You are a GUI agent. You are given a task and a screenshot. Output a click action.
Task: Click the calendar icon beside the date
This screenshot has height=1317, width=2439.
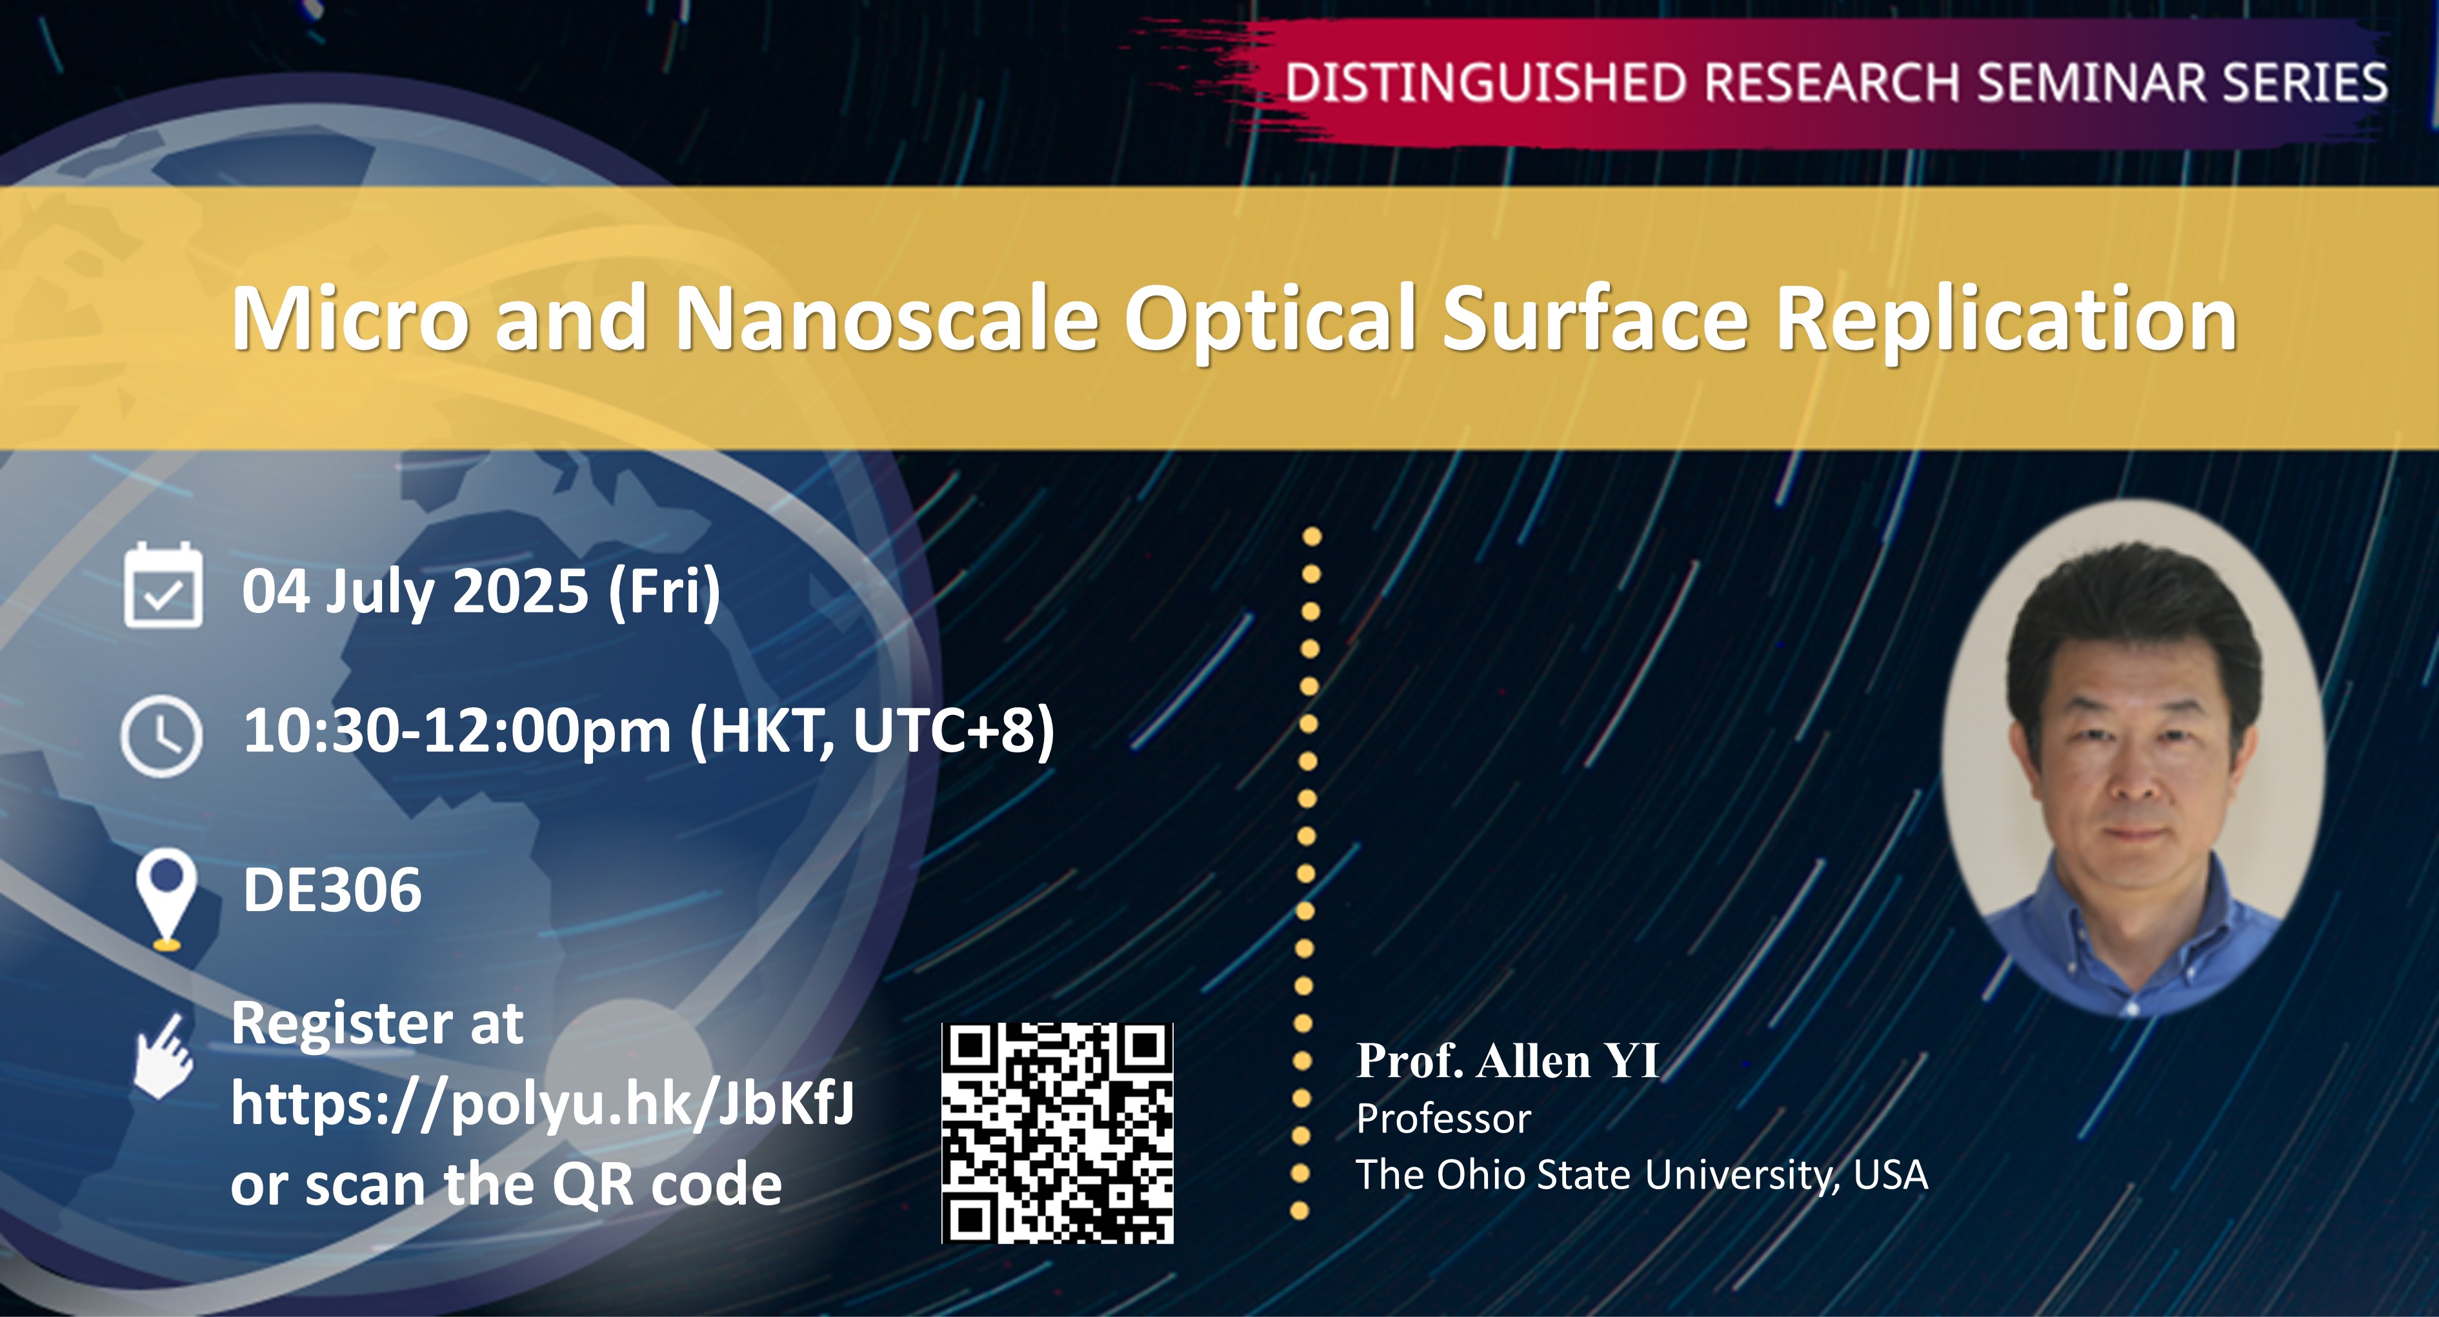pos(163,586)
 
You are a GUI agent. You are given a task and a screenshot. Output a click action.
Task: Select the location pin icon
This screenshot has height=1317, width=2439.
pos(166,898)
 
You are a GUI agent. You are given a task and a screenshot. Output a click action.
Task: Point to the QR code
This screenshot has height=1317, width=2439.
pos(1058,1132)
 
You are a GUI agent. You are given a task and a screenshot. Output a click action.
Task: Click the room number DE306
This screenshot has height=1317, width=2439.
pos(332,890)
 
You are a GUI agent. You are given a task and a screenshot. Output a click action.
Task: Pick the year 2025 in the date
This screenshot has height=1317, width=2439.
pos(522,592)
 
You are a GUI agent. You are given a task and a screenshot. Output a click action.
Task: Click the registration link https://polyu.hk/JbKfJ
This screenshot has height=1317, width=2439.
pos(541,1104)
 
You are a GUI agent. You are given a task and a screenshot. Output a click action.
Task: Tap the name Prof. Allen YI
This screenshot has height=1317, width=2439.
pos(1507,1060)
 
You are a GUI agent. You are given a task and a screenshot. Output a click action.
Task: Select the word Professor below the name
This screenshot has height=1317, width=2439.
pos(1443,1119)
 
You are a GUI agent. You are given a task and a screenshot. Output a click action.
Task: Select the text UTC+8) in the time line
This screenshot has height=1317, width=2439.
pos(954,731)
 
